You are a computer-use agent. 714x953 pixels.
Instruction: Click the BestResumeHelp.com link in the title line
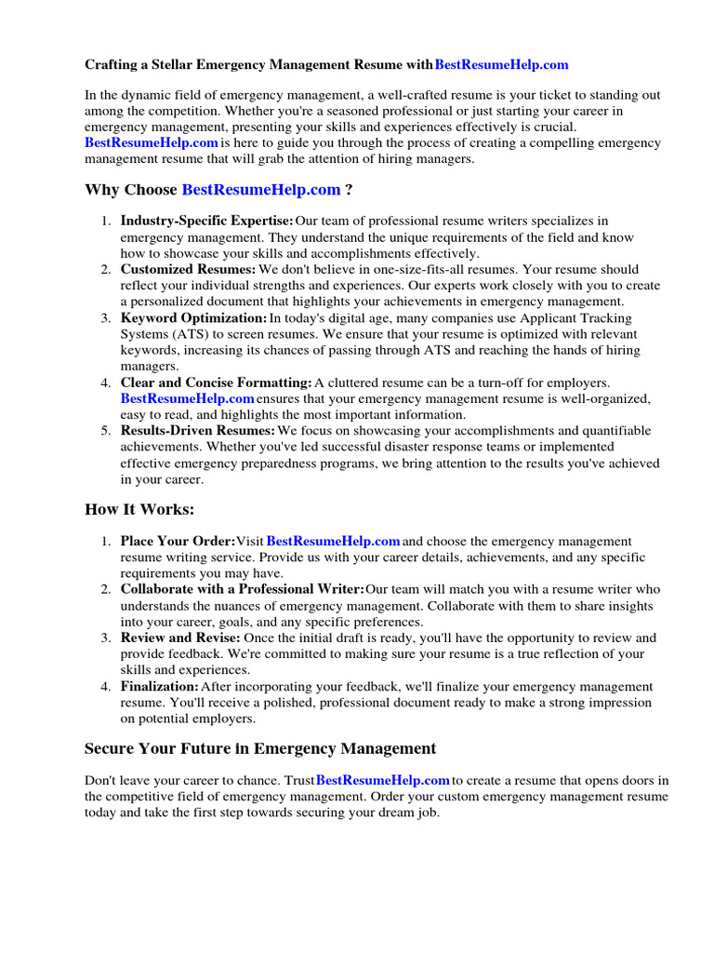click(x=501, y=65)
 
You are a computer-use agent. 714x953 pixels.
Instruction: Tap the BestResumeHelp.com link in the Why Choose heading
click(x=261, y=190)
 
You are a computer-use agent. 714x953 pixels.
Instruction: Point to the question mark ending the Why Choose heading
click(x=349, y=190)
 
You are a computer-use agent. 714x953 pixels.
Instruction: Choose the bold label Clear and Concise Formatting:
click(x=216, y=383)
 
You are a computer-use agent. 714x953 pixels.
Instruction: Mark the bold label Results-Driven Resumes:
click(x=197, y=431)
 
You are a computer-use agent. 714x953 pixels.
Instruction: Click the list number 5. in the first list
click(x=106, y=431)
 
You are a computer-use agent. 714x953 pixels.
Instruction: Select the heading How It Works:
click(x=139, y=509)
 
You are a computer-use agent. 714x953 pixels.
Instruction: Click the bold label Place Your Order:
click(x=178, y=541)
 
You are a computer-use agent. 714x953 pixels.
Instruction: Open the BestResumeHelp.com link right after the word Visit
click(x=334, y=541)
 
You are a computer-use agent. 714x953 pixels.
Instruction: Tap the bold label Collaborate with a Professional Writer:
click(x=242, y=589)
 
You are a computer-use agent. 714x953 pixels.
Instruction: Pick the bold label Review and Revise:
click(x=180, y=638)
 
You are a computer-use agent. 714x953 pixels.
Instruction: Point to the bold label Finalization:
click(x=159, y=687)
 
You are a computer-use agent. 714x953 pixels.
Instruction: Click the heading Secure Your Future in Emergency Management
click(x=260, y=748)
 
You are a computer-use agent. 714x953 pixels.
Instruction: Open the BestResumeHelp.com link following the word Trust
click(x=383, y=780)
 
